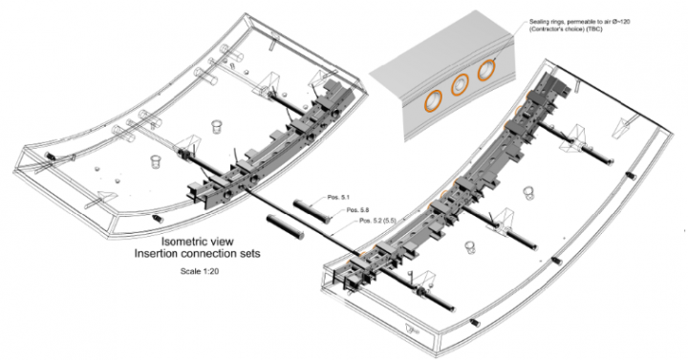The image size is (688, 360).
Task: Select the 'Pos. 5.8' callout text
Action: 358,209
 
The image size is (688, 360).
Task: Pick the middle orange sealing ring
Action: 461,85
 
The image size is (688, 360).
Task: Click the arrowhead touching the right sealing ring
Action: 496,63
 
